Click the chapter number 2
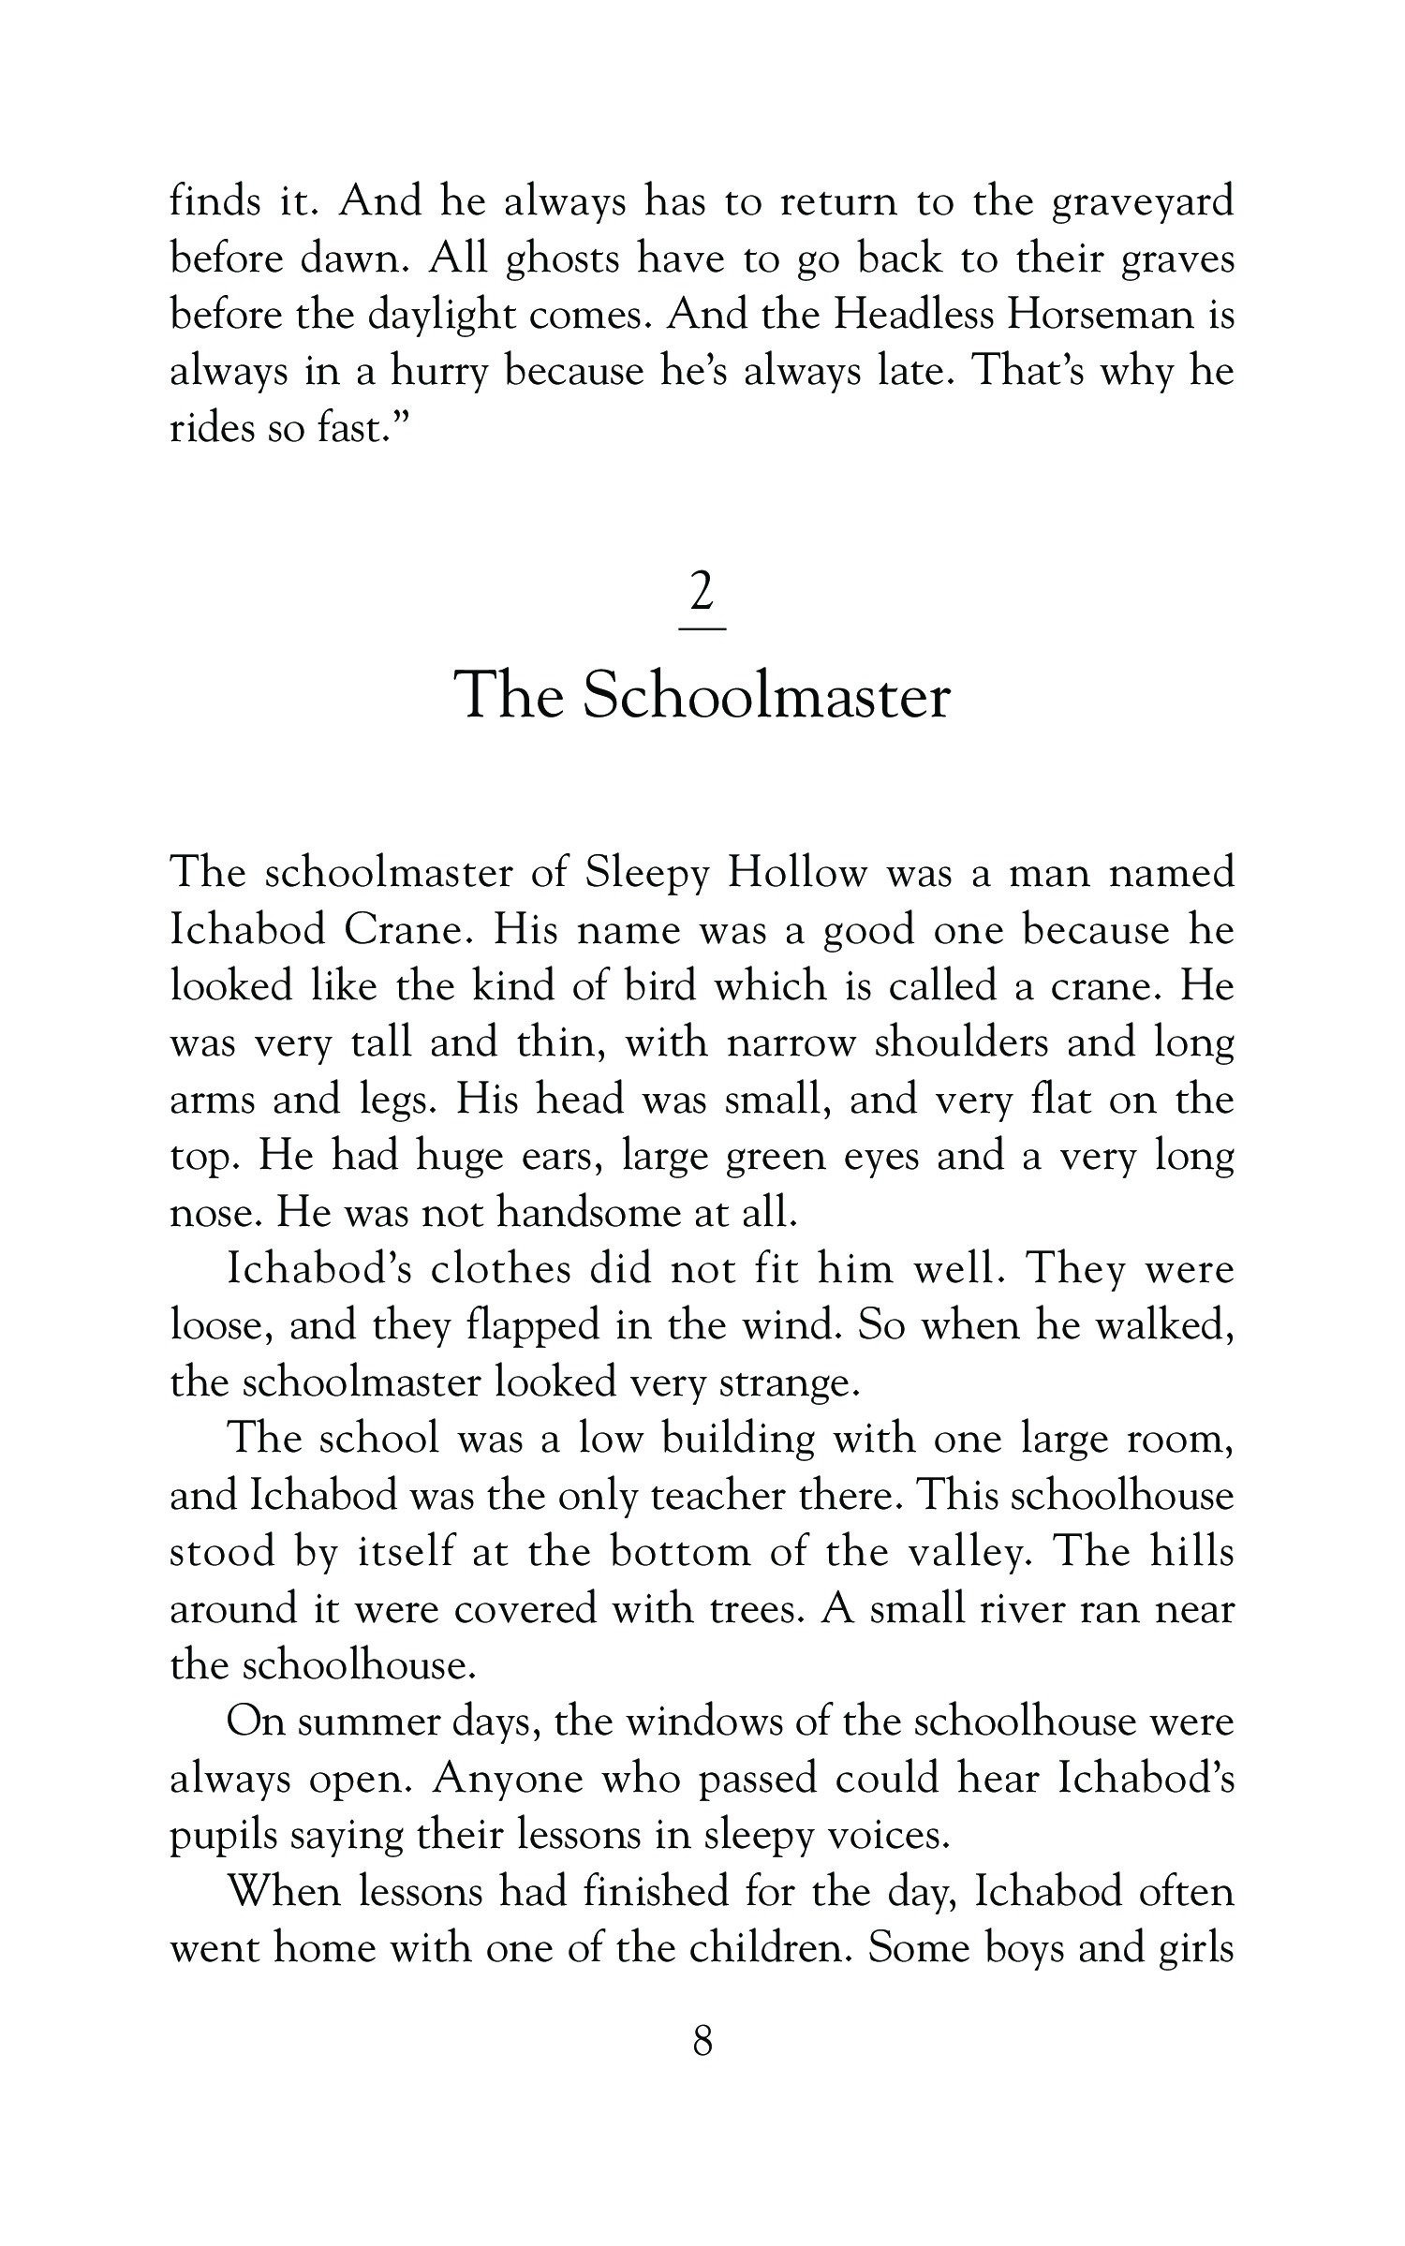click(x=702, y=591)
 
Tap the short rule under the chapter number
click(x=702, y=628)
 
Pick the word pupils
click(x=221, y=1836)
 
